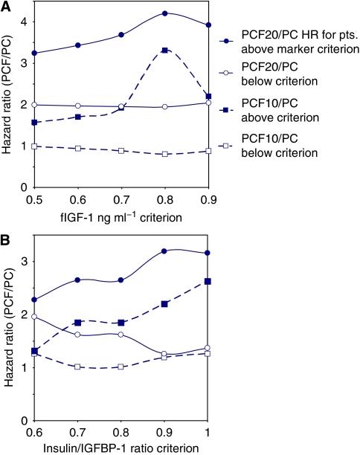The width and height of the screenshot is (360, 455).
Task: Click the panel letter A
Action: (6, 7)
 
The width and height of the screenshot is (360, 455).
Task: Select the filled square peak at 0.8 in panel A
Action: (164, 50)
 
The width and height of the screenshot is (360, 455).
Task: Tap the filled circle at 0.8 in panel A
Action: (164, 13)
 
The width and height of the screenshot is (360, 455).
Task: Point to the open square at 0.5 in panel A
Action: (33, 146)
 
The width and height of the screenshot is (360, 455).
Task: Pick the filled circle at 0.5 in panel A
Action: (33, 54)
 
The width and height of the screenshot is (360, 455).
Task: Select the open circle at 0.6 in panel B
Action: (33, 317)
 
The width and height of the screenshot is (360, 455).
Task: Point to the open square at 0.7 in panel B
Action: (77, 367)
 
